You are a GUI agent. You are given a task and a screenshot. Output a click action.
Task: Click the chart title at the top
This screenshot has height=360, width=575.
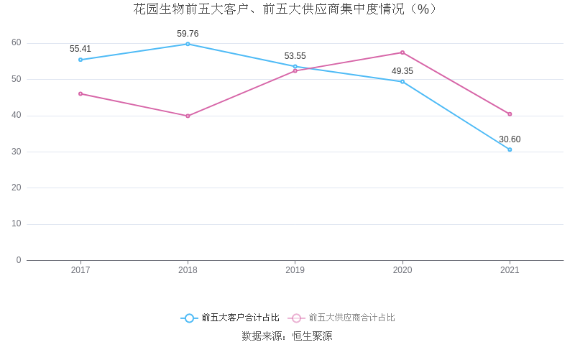pos(287,9)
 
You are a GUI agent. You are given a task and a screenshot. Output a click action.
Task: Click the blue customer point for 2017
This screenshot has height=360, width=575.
pos(80,60)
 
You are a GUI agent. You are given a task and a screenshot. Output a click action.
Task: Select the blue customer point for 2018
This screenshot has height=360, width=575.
pos(188,44)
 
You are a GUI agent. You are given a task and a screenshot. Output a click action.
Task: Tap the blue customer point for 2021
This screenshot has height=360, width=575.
pos(510,149)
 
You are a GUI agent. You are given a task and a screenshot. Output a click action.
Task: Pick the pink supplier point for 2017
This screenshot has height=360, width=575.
pos(80,93)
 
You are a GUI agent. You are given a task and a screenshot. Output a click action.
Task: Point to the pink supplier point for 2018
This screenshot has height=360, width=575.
pos(188,116)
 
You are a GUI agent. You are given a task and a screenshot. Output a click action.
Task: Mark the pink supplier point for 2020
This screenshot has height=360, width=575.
pos(402,52)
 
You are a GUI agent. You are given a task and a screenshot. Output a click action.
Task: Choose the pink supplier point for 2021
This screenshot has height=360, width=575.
pos(510,114)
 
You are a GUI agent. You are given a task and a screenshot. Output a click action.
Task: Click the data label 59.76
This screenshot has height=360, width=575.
pos(188,34)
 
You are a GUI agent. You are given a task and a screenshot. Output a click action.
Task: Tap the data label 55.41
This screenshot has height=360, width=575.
pos(80,49)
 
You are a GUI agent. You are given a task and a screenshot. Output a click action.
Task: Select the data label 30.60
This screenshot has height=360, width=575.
pos(510,139)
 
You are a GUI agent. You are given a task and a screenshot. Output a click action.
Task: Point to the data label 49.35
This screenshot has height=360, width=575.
pos(402,71)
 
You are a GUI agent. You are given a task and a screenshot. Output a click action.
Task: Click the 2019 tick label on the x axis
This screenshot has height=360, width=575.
pos(295,270)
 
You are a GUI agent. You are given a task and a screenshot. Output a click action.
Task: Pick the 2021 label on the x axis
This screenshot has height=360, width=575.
pos(510,270)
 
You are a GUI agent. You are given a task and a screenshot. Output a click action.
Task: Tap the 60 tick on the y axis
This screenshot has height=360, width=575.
pos(17,42)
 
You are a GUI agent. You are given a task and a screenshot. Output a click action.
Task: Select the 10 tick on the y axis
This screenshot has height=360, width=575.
pos(17,223)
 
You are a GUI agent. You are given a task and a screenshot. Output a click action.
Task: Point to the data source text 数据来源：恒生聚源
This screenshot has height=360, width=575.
pos(287,336)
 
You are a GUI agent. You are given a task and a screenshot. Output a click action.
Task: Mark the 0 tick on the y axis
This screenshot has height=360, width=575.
pos(19,260)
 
